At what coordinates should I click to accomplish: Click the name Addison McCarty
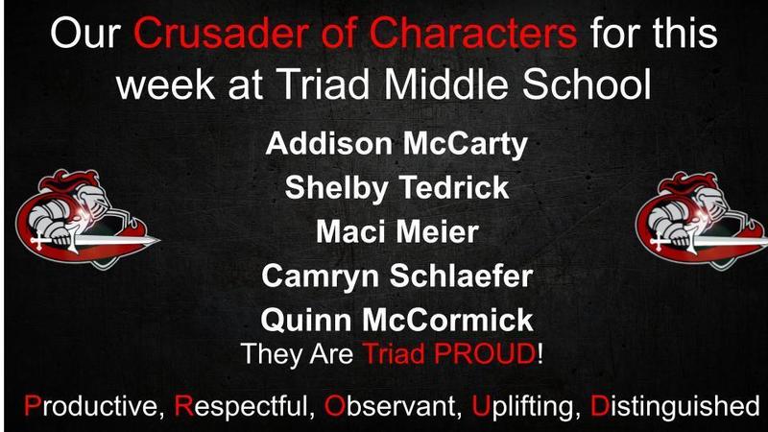pyautogui.click(x=396, y=146)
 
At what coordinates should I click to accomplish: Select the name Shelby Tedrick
pyautogui.click(x=396, y=187)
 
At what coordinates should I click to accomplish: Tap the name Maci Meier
pyautogui.click(x=396, y=231)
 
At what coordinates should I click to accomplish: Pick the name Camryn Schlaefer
pyautogui.click(x=396, y=276)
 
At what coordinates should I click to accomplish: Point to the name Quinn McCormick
pyautogui.click(x=396, y=319)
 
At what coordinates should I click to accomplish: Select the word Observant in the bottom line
pyautogui.click(x=395, y=403)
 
